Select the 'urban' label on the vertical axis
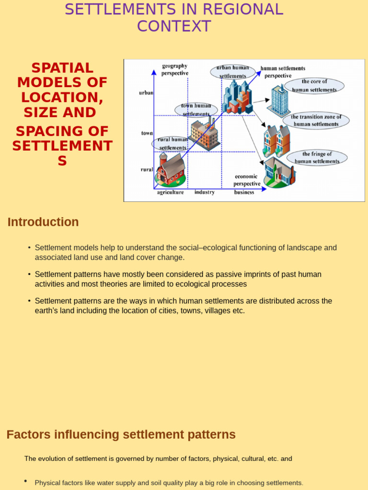pyautogui.click(x=146, y=93)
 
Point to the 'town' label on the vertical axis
pyautogui.click(x=147, y=133)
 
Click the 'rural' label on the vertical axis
pyautogui.click(x=147, y=169)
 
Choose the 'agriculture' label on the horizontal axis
pyautogui.click(x=170, y=192)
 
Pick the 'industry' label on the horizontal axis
pyautogui.click(x=205, y=192)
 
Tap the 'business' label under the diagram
pyautogui.click(x=244, y=192)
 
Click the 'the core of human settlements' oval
pyautogui.click(x=314, y=86)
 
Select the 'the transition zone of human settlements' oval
pyautogui.click(x=316, y=121)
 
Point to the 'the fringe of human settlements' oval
pyautogui.click(x=317, y=157)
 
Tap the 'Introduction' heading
pyautogui.click(x=43, y=222)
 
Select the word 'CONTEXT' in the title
pyautogui.click(x=174, y=26)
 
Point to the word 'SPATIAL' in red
pyautogui.click(x=62, y=68)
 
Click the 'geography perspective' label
pyautogui.click(x=174, y=69)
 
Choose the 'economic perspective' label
pyautogui.click(x=246, y=180)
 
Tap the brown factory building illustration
pyautogui.click(x=205, y=135)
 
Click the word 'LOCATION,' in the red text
pyautogui.click(x=62, y=98)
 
